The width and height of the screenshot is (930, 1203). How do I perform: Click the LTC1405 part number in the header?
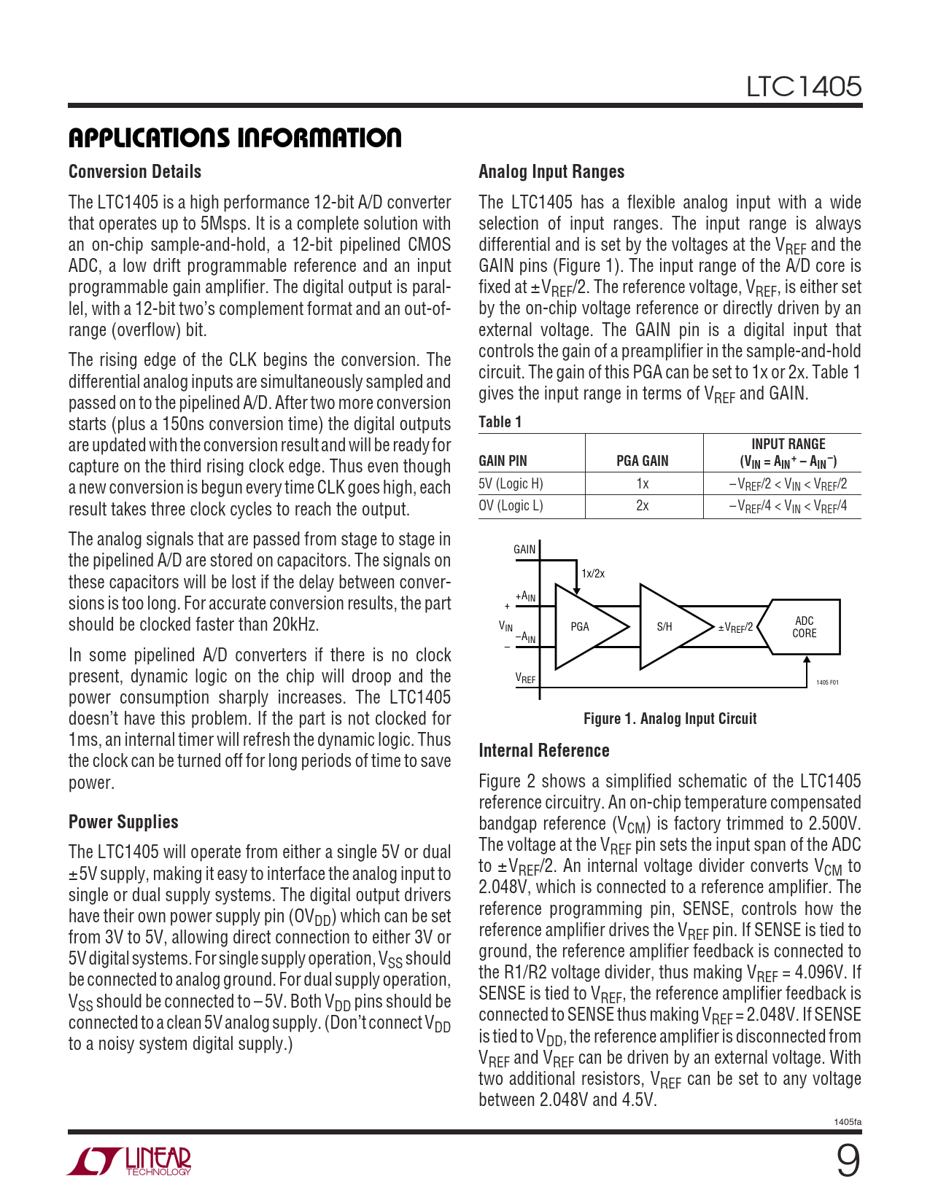point(803,87)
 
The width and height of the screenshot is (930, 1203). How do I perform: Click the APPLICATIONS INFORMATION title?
point(235,138)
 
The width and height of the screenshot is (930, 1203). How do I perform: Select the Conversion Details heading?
point(135,172)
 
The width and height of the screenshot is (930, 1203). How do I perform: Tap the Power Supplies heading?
point(123,822)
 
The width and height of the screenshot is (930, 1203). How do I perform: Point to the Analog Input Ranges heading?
point(551,172)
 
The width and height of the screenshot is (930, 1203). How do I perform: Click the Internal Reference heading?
point(543,751)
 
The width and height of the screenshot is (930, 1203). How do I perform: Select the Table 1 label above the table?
point(500,422)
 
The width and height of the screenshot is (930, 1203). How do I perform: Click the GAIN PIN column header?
point(503,461)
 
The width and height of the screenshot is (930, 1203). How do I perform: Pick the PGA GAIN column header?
point(642,461)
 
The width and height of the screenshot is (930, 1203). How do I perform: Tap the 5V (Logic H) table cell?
point(511,484)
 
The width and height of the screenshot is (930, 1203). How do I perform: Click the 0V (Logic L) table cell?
point(511,506)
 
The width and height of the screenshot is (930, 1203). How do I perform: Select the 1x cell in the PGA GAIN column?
point(642,484)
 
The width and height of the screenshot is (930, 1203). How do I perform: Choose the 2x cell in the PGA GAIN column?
point(642,506)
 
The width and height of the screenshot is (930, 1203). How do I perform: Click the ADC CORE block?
point(804,627)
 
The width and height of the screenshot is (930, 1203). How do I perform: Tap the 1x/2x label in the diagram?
point(593,574)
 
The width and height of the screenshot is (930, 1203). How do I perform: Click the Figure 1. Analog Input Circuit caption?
point(670,719)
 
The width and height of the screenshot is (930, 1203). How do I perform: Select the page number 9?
point(847,1161)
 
